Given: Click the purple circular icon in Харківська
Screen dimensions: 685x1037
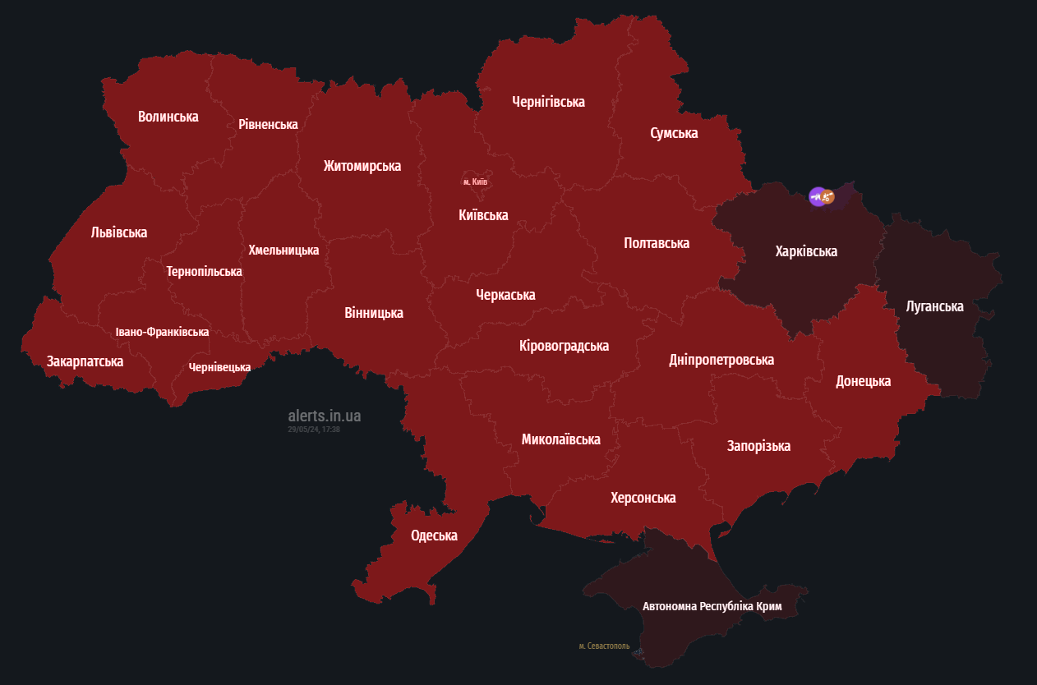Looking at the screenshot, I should pos(817,196).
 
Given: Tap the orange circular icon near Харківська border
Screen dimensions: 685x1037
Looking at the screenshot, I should pos(829,197).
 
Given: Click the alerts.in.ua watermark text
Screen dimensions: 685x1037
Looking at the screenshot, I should pos(324,416).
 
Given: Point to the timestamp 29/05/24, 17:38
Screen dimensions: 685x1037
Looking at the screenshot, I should pos(314,430).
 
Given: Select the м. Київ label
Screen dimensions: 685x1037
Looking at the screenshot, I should pos(476,181).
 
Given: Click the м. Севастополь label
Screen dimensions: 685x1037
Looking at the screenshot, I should pos(604,646).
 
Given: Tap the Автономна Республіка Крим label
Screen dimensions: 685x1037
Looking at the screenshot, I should pos(712,607).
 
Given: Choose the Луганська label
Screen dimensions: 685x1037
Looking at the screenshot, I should pos(934,306).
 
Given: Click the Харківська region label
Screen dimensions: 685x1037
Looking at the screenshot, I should pos(806,251).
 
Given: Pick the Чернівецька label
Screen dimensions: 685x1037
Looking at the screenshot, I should pos(219,367).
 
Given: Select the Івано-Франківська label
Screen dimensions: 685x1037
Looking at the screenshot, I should pos(162,332).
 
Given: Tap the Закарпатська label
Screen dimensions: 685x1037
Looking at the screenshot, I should pos(85,361).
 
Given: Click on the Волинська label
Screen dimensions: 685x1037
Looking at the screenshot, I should pos(168,117).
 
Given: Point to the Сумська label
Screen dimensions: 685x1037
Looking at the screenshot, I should pos(674,133).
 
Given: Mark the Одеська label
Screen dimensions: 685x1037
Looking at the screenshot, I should pos(434,536).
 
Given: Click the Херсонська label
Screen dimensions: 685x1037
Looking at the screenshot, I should pos(643,498).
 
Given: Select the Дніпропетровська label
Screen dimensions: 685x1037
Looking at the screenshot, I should pos(721,360).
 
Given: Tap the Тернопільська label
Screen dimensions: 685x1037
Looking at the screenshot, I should pos(204,271).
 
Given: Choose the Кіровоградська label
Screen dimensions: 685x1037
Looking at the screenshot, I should pos(565,346).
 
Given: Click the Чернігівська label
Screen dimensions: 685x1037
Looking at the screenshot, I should pos(548,102).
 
